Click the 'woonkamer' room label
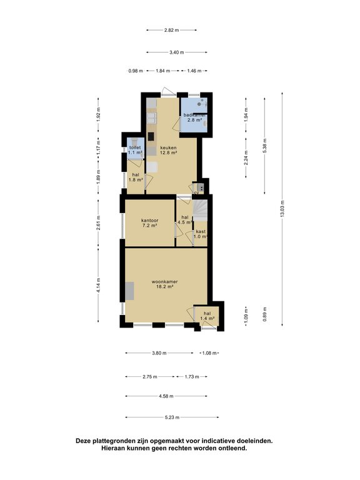(165, 282)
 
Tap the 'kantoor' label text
(149, 220)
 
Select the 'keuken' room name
(168, 147)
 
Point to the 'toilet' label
(135, 147)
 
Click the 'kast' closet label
(201, 231)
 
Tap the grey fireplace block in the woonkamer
(129, 291)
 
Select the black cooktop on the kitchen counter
(151, 136)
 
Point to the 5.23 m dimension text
(172, 417)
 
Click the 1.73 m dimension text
(191, 377)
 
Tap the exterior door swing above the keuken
(166, 92)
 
